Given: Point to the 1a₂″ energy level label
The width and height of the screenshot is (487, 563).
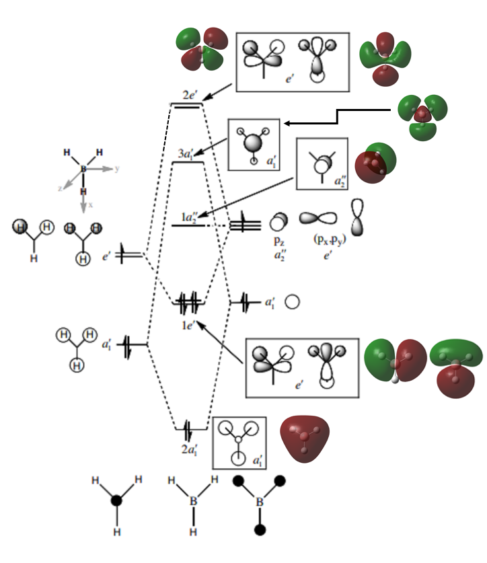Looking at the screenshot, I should [190, 216].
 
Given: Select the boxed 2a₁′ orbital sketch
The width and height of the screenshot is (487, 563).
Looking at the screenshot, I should [239, 443].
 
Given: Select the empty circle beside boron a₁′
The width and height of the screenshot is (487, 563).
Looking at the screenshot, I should [291, 302].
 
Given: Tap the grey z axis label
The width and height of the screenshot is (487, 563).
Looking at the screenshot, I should [61, 189].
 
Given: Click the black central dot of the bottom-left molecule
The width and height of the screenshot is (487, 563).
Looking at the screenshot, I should [116, 501].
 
